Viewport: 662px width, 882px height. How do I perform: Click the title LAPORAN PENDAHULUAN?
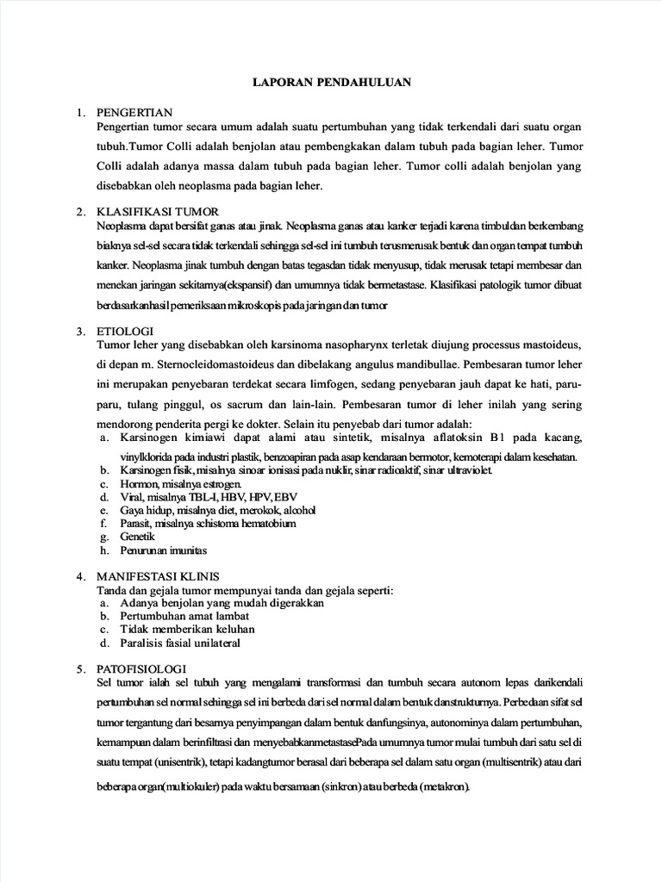(x=331, y=84)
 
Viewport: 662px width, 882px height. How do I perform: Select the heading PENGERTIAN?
(x=136, y=112)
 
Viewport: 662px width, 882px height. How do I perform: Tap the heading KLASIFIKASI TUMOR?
(x=158, y=212)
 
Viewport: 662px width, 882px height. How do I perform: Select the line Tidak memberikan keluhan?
(x=176, y=630)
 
